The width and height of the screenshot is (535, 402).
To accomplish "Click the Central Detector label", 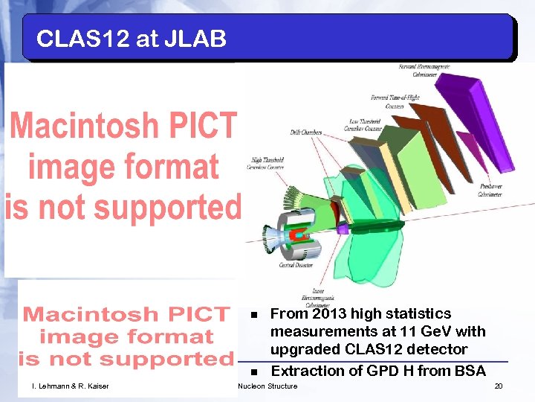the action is [296, 265].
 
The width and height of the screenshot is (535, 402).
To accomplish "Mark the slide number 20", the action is [499, 386].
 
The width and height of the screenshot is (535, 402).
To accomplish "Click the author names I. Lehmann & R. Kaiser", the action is [71, 386].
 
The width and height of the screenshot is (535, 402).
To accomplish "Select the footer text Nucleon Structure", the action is [267, 386].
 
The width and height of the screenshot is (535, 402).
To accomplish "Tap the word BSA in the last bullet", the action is [468, 371].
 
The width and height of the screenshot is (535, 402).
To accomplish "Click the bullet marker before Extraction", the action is [253, 371].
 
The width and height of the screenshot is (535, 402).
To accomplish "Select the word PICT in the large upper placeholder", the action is [198, 127].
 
